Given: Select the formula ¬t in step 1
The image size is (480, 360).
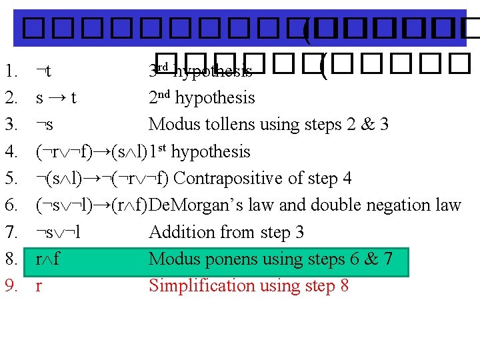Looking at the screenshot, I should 45,71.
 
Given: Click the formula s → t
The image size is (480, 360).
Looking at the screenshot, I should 56,98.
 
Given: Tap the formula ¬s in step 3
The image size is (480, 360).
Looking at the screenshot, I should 45,125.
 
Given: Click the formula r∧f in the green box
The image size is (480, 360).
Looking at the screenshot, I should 49,259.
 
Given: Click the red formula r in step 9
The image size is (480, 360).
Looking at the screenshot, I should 39,287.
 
